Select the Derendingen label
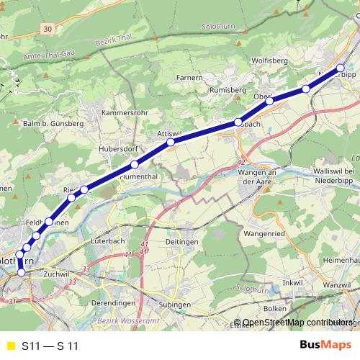(x=114, y=304)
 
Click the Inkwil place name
(x=294, y=283)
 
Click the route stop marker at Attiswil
(x=171, y=143)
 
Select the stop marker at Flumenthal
(x=134, y=165)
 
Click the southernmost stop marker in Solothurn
(x=21, y=272)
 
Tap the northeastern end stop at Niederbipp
(x=341, y=68)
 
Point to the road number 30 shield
(x=47, y=29)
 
